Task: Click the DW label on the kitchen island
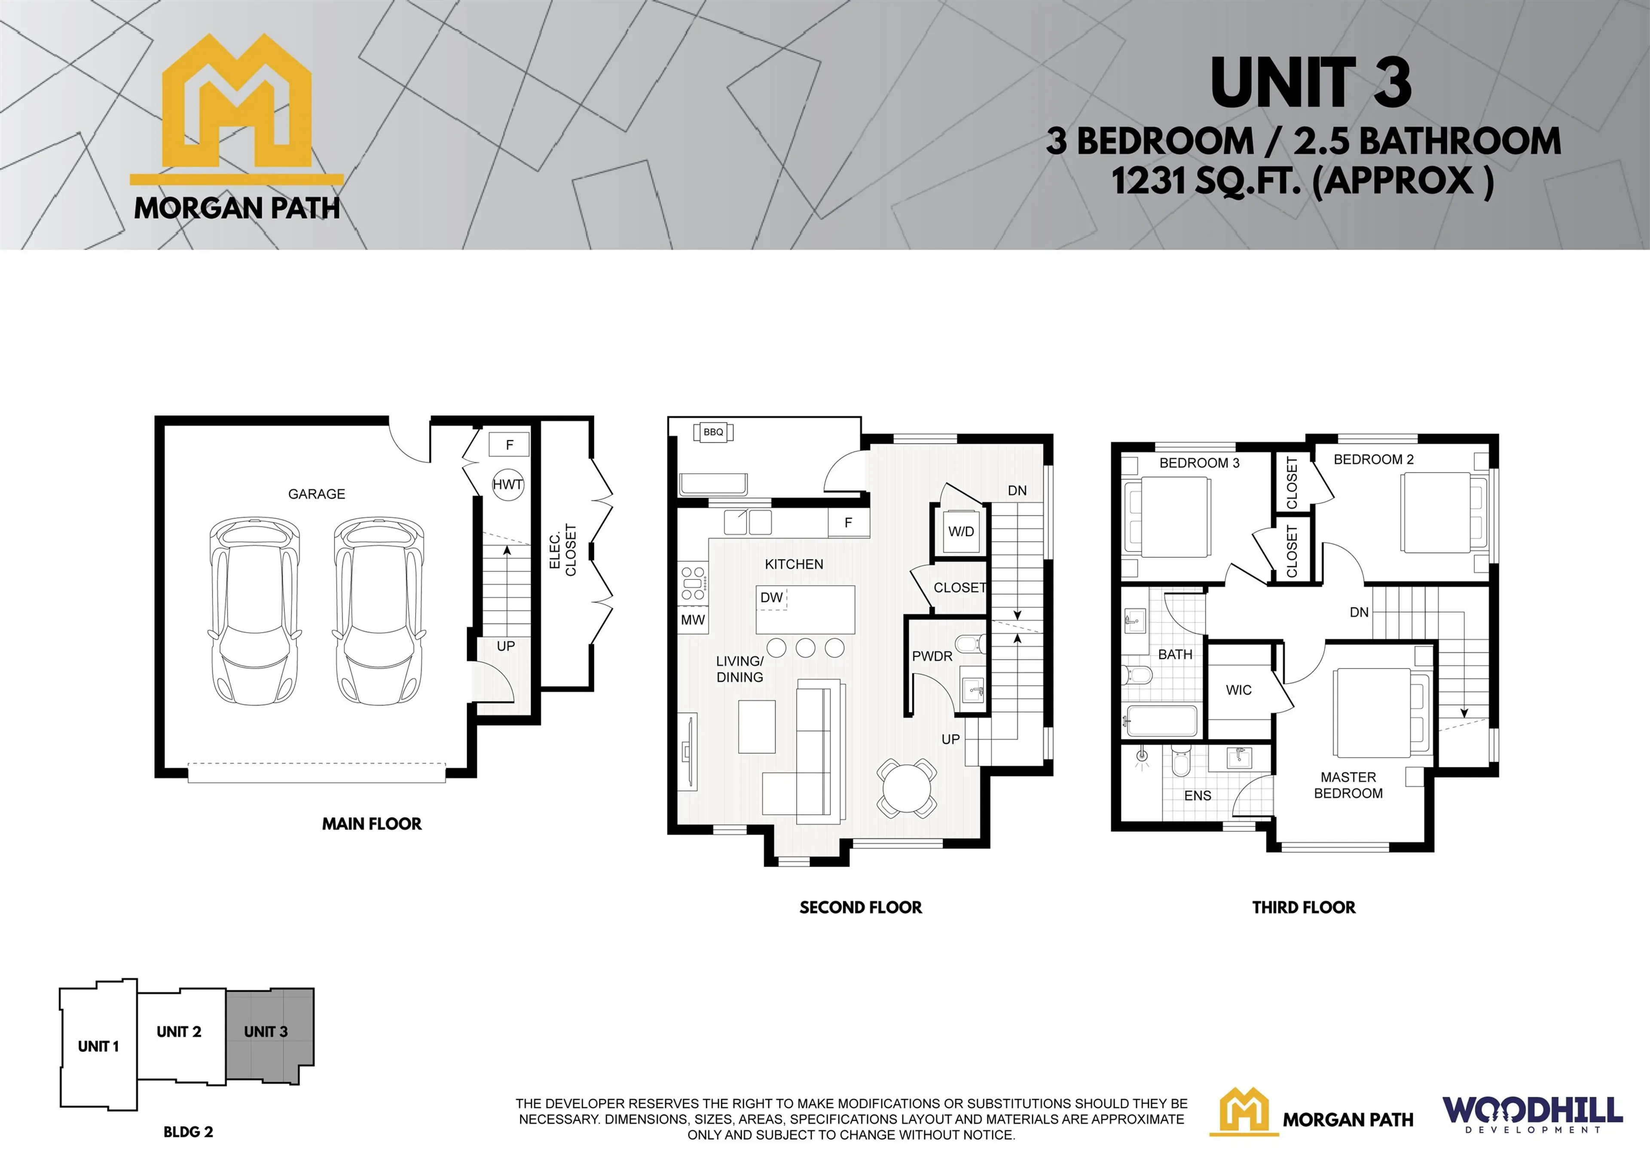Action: [771, 598]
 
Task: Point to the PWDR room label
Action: [932, 656]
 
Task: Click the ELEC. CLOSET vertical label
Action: [563, 550]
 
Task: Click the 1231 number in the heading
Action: [1149, 181]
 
